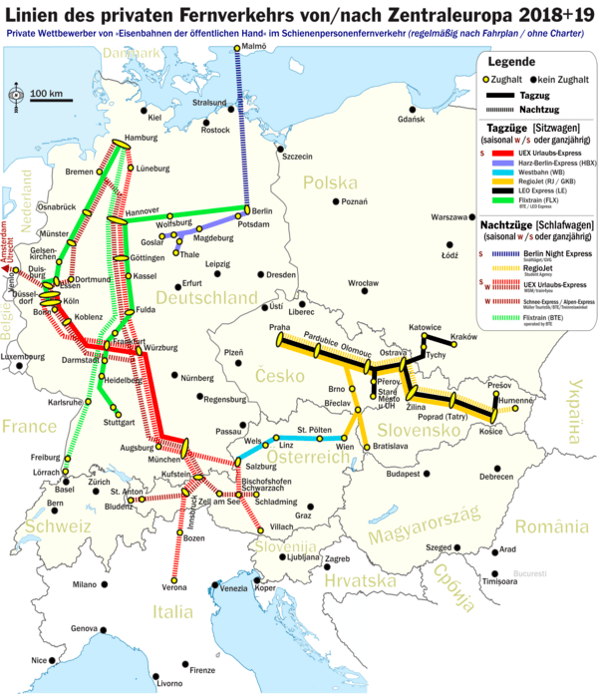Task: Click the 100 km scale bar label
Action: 46,94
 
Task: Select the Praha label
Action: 279,326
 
